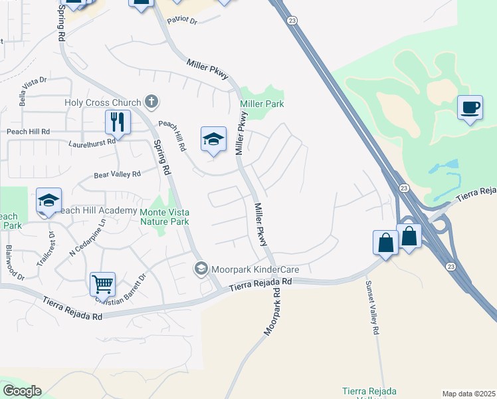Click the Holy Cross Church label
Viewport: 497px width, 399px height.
coord(103,102)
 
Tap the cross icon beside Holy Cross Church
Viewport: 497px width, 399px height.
coord(151,102)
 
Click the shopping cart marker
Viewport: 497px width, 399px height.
coord(103,284)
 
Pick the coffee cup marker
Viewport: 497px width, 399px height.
coord(470,108)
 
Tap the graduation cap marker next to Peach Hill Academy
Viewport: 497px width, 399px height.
coord(49,200)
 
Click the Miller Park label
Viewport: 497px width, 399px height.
coord(262,104)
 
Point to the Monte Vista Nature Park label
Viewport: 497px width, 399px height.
coord(164,217)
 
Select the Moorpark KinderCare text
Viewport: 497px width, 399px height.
coord(254,270)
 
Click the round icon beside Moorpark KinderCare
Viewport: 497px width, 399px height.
coord(201,269)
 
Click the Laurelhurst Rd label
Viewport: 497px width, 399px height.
coord(92,142)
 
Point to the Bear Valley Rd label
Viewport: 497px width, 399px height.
coord(117,175)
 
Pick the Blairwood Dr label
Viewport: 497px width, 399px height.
coord(14,263)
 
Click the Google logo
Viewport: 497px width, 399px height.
coord(22,390)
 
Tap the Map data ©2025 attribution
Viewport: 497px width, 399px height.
coord(468,394)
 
